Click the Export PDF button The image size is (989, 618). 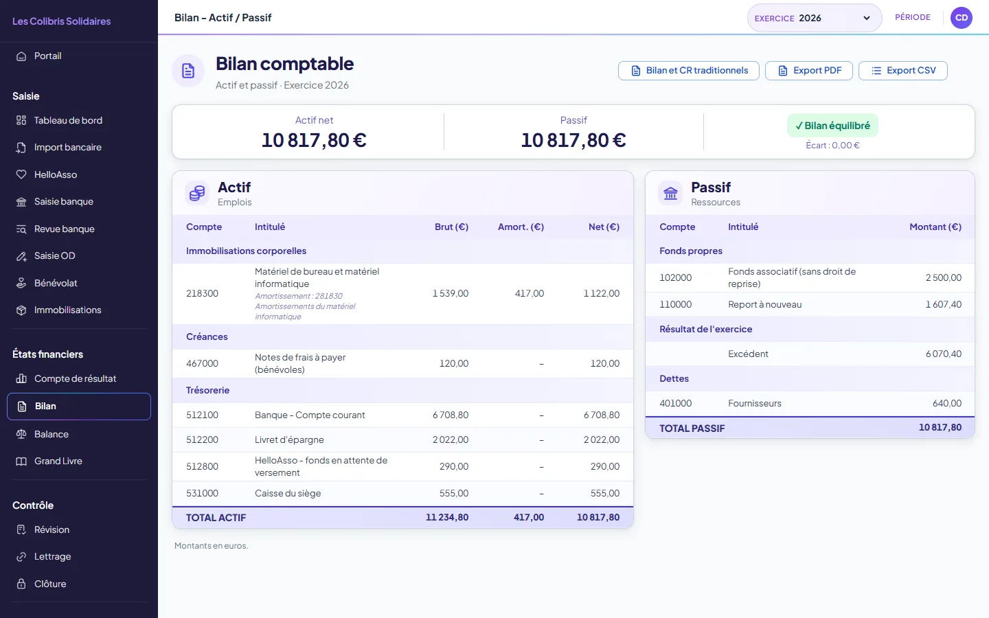point(808,71)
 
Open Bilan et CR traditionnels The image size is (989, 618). point(688,71)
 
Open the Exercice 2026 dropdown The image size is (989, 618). point(814,18)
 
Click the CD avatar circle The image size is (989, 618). point(962,18)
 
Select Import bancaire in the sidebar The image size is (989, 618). point(67,148)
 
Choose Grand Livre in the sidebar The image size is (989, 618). point(58,461)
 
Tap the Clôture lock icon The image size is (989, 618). point(21,584)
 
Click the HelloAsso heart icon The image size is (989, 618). point(21,174)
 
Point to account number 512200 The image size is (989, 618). point(202,439)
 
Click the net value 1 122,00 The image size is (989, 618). point(602,294)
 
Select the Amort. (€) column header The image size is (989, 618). point(521,227)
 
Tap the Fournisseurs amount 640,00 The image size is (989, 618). point(946,404)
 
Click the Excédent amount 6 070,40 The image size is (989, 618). point(944,354)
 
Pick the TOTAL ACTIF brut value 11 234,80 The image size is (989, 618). point(447,517)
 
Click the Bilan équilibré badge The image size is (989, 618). point(832,126)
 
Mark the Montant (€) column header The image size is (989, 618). point(935,227)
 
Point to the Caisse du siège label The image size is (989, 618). point(287,494)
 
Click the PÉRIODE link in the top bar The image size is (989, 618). point(912,17)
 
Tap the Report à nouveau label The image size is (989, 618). point(764,305)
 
